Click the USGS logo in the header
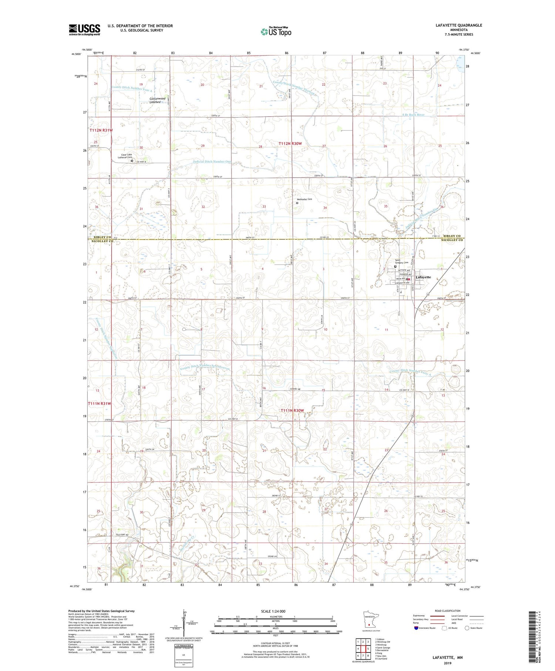tap(84, 30)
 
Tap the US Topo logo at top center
tap(276, 32)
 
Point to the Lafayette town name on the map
tap(423, 277)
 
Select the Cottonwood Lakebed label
tap(155, 100)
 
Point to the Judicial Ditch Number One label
tap(212, 162)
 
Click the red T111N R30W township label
tap(292, 410)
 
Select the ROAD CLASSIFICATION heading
tap(447, 611)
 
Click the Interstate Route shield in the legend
tap(417, 628)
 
